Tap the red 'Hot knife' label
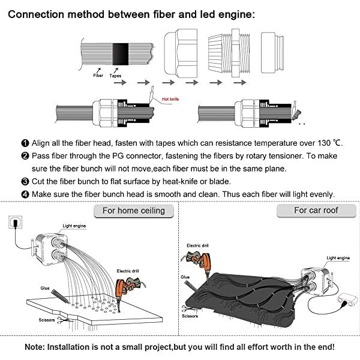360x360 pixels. [x=170, y=99]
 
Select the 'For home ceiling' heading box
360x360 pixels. [x=134, y=211]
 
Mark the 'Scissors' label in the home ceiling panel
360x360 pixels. [x=46, y=320]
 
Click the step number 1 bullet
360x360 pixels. [x=25, y=143]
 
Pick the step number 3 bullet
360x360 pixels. [x=25, y=181]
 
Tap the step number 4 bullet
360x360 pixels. [x=25, y=194]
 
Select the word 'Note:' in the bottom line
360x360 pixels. [x=39, y=347]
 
